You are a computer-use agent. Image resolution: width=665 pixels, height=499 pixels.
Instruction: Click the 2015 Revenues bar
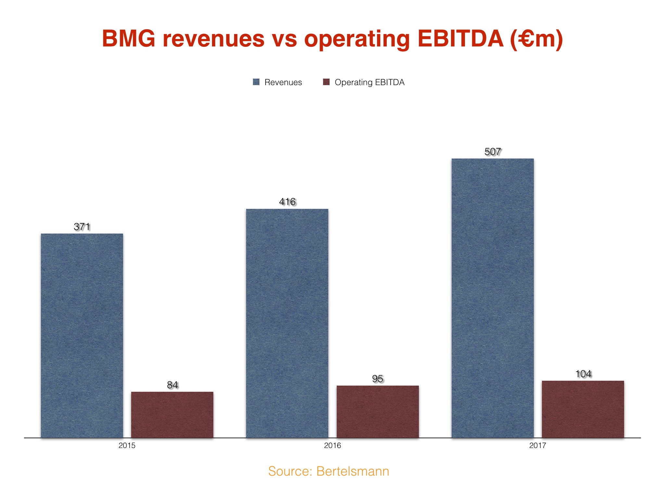pyautogui.click(x=82, y=335)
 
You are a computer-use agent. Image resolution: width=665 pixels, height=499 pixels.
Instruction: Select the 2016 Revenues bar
pyautogui.click(x=287, y=323)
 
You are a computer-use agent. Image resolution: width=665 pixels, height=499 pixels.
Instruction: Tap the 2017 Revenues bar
pyautogui.click(x=492, y=298)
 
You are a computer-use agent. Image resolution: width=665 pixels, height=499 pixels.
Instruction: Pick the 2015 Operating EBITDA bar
pyautogui.click(x=172, y=415)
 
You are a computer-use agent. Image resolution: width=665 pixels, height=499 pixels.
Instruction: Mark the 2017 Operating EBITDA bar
pyautogui.click(x=583, y=409)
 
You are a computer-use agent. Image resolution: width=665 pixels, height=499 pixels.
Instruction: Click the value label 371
pyautogui.click(x=82, y=226)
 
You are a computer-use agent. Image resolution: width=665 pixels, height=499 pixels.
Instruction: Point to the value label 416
pyautogui.click(x=287, y=202)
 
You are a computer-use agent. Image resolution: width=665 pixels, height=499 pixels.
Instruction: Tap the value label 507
pyautogui.click(x=493, y=152)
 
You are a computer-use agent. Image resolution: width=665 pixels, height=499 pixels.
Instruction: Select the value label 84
pyautogui.click(x=172, y=385)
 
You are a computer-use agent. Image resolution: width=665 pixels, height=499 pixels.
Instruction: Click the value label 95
pyautogui.click(x=378, y=379)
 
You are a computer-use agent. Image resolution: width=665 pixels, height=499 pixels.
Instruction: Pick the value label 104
pyautogui.click(x=583, y=374)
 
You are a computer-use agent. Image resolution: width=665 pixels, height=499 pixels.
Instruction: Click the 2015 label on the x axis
pyautogui.click(x=127, y=445)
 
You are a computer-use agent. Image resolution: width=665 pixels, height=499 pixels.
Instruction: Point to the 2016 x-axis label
pyautogui.click(x=332, y=445)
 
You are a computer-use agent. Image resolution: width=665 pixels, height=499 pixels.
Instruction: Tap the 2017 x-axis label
pyautogui.click(x=538, y=445)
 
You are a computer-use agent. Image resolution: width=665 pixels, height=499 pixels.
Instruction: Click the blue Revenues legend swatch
pyautogui.click(x=256, y=82)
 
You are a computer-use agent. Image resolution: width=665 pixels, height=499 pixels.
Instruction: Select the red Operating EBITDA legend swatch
pyautogui.click(x=326, y=82)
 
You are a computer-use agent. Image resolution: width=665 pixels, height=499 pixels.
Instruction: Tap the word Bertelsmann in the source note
pyautogui.click(x=353, y=471)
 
